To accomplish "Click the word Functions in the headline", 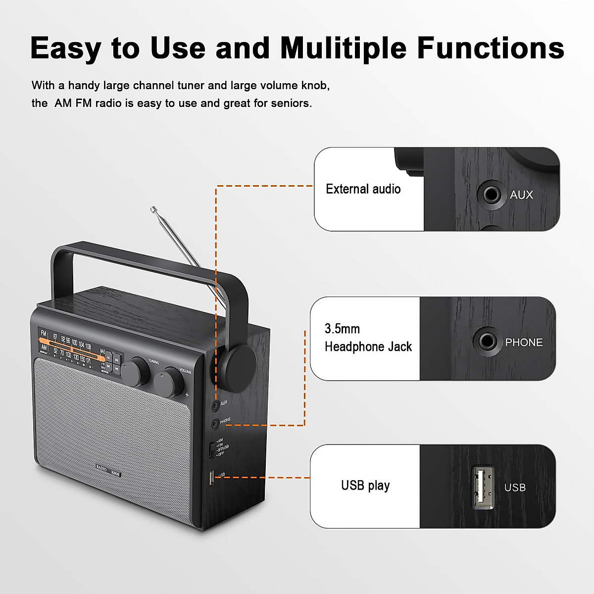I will (x=491, y=48).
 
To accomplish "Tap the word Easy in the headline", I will (x=65, y=48).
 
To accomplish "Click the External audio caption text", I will (x=363, y=189).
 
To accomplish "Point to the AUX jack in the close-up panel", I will (x=491, y=194).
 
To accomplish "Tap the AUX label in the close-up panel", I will (x=521, y=195).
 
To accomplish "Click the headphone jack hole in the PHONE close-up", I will (x=486, y=342).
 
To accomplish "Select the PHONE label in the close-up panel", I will (x=524, y=343).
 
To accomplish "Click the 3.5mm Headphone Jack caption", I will (x=368, y=338).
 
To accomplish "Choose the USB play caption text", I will (x=365, y=486).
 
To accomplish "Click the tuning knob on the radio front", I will (x=136, y=372).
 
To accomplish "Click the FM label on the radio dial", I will (x=44, y=334).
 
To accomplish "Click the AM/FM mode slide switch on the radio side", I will (x=211, y=449).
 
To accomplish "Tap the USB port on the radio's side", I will (x=211, y=478).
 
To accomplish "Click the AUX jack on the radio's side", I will (x=215, y=406).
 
